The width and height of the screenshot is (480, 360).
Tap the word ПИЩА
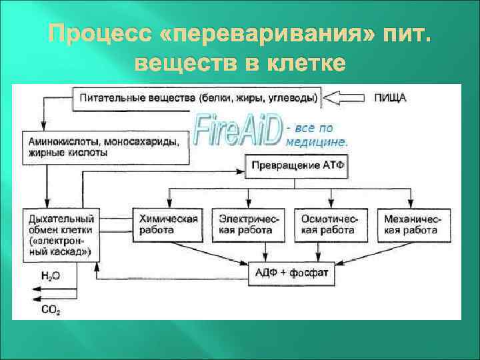point(390,97)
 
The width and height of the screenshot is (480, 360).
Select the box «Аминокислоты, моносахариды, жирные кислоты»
point(107,147)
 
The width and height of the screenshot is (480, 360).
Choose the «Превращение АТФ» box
point(296,165)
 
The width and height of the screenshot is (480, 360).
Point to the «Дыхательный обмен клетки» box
point(61,235)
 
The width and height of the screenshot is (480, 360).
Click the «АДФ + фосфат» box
point(292,272)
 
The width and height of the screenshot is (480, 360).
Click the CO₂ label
point(50,309)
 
